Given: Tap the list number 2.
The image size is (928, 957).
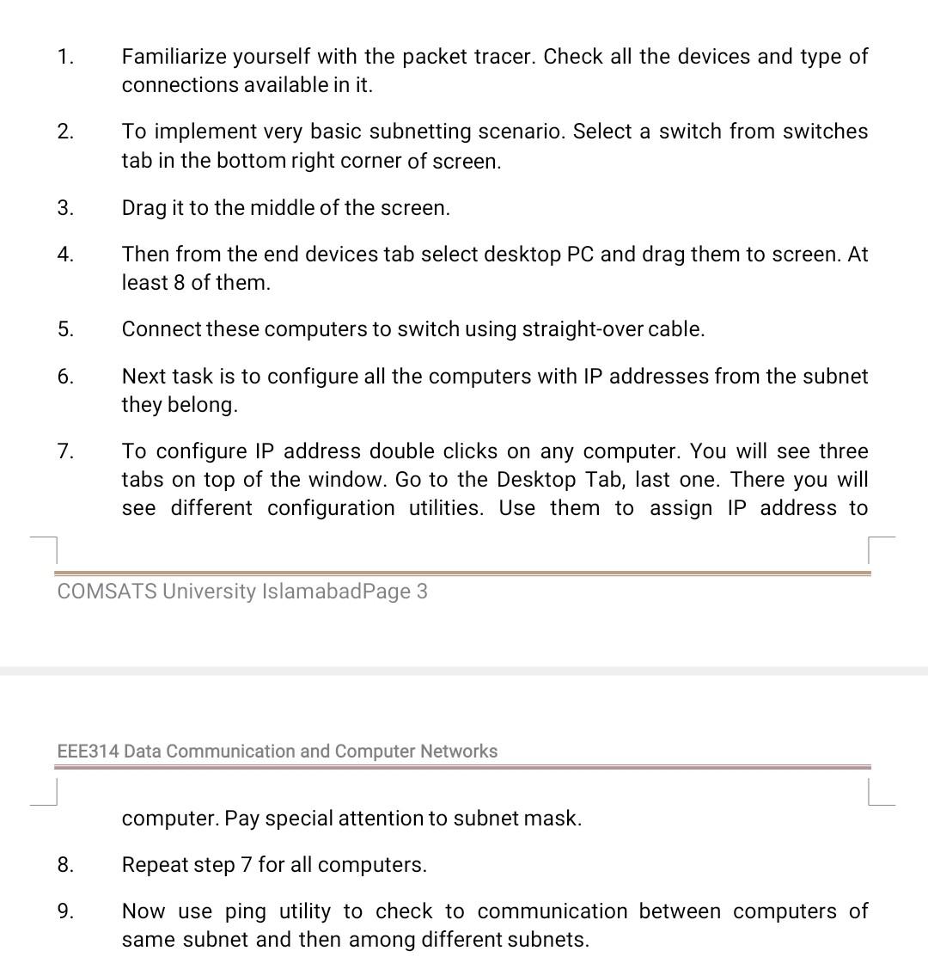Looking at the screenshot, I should (65, 132).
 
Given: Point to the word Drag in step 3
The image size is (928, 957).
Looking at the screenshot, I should (143, 208).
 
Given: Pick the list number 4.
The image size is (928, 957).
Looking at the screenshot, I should (65, 255).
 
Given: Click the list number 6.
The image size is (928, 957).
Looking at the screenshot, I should (65, 377).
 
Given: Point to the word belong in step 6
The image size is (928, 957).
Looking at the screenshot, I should (204, 405).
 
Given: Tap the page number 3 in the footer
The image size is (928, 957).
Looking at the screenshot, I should (421, 592).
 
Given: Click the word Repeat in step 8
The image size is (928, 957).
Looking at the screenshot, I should (152, 865).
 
